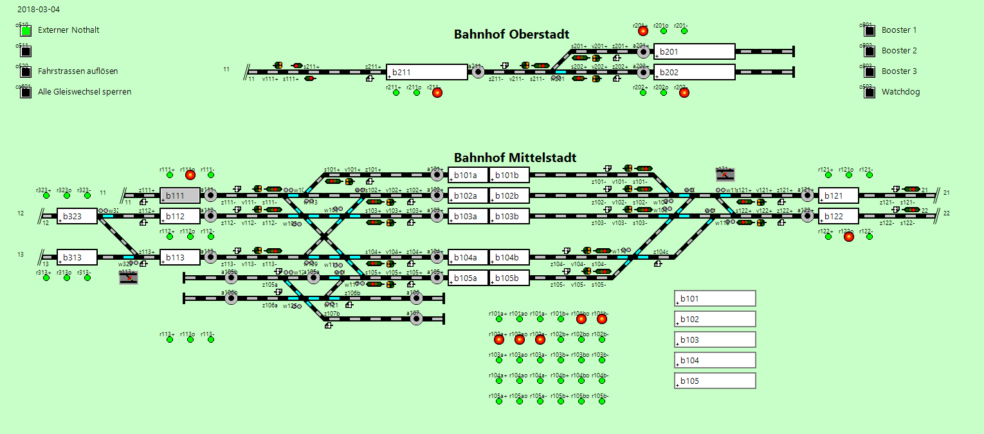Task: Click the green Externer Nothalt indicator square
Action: click(26, 30)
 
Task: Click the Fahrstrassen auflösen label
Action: click(78, 71)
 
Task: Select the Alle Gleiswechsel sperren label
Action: click(84, 92)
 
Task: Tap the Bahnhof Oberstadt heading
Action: click(511, 34)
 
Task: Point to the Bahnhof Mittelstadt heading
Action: click(515, 158)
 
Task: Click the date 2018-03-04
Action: click(35, 10)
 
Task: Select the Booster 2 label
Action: click(899, 51)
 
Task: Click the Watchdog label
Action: click(900, 92)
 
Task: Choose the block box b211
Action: click(426, 72)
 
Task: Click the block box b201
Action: click(694, 51)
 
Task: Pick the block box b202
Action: click(694, 72)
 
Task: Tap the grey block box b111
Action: click(180, 195)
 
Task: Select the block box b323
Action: click(77, 216)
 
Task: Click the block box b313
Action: click(77, 257)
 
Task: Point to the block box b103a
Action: click(468, 216)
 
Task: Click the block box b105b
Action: click(509, 278)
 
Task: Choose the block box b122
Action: click(838, 216)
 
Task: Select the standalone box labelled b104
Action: click(715, 360)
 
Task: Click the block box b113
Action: click(180, 257)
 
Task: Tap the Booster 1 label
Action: click(899, 30)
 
